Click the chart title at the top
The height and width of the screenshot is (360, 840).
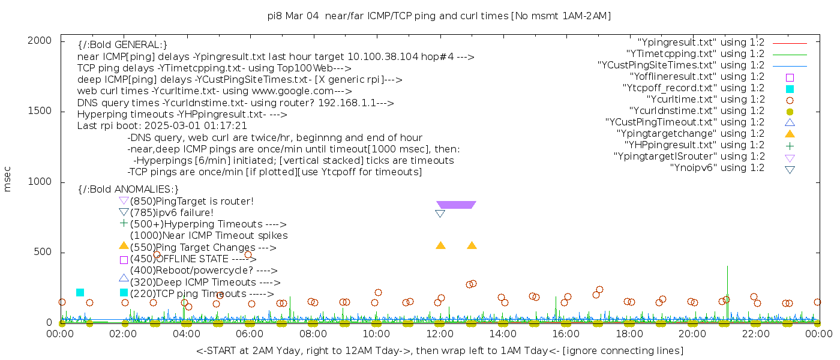[439, 16]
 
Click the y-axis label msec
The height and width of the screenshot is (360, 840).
[8, 179]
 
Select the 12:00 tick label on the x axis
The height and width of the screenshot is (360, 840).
[440, 334]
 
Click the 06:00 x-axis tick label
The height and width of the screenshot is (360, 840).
[250, 334]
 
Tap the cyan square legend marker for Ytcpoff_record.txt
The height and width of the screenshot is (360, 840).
[790, 89]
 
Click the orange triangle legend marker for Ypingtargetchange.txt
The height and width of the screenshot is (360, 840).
[790, 134]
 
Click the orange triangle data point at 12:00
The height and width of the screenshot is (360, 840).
[440, 245]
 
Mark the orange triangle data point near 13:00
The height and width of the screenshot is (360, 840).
[472, 245]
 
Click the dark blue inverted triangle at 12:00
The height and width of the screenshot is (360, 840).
[440, 214]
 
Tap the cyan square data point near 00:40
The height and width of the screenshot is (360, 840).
[80, 292]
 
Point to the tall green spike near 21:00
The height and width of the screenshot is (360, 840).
[727, 276]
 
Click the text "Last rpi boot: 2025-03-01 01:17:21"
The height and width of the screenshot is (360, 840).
[162, 126]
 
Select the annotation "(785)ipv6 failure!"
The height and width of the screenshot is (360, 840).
[172, 212]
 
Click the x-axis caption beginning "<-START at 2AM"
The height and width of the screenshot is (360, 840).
[439, 350]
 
